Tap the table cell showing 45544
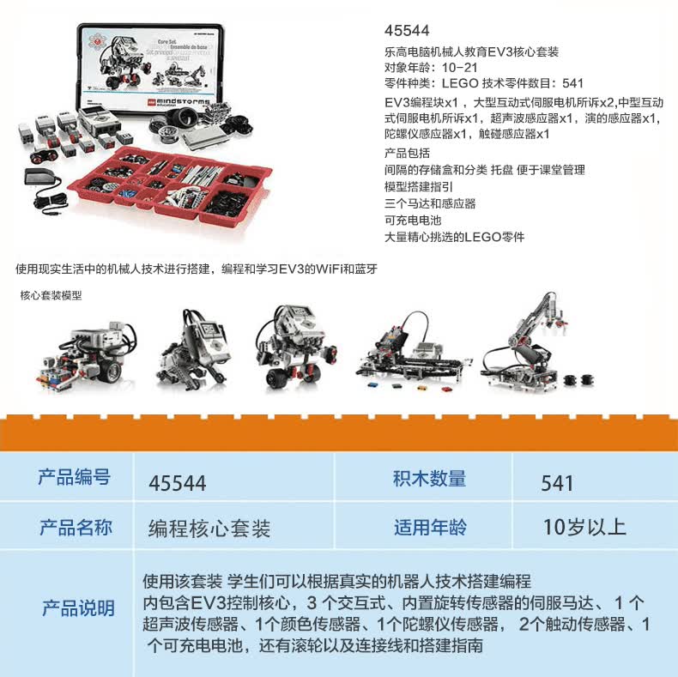point(178,483)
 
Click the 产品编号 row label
point(74,478)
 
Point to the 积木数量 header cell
point(429,479)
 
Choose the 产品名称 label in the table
point(76,527)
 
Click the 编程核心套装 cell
point(209,528)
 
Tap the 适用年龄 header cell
point(429,527)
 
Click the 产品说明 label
point(78,608)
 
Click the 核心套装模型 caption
point(51,295)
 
